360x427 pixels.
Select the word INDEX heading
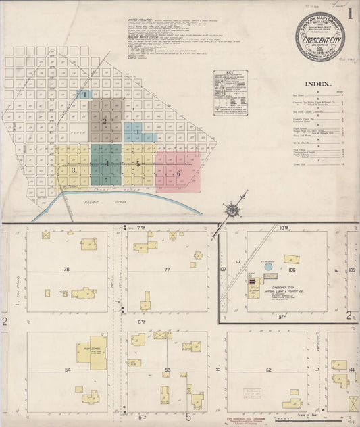pyautogui.click(x=317, y=84)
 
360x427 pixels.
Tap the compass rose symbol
pyautogui.click(x=233, y=210)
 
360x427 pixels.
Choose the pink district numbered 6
pyautogui.click(x=178, y=172)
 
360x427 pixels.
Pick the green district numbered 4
pyautogui.click(x=106, y=164)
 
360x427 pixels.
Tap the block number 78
pyautogui.click(x=66, y=269)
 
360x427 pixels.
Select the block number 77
pyautogui.click(x=166, y=269)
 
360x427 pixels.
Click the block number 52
pyautogui.click(x=268, y=370)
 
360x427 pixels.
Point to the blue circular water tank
pyautogui.click(x=268, y=267)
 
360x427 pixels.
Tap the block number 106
pyautogui.click(x=292, y=269)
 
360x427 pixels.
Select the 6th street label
pyautogui.click(x=143, y=322)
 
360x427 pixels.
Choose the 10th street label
pyautogui.click(x=284, y=228)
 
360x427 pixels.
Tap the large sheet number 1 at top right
pyautogui.click(x=351, y=14)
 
